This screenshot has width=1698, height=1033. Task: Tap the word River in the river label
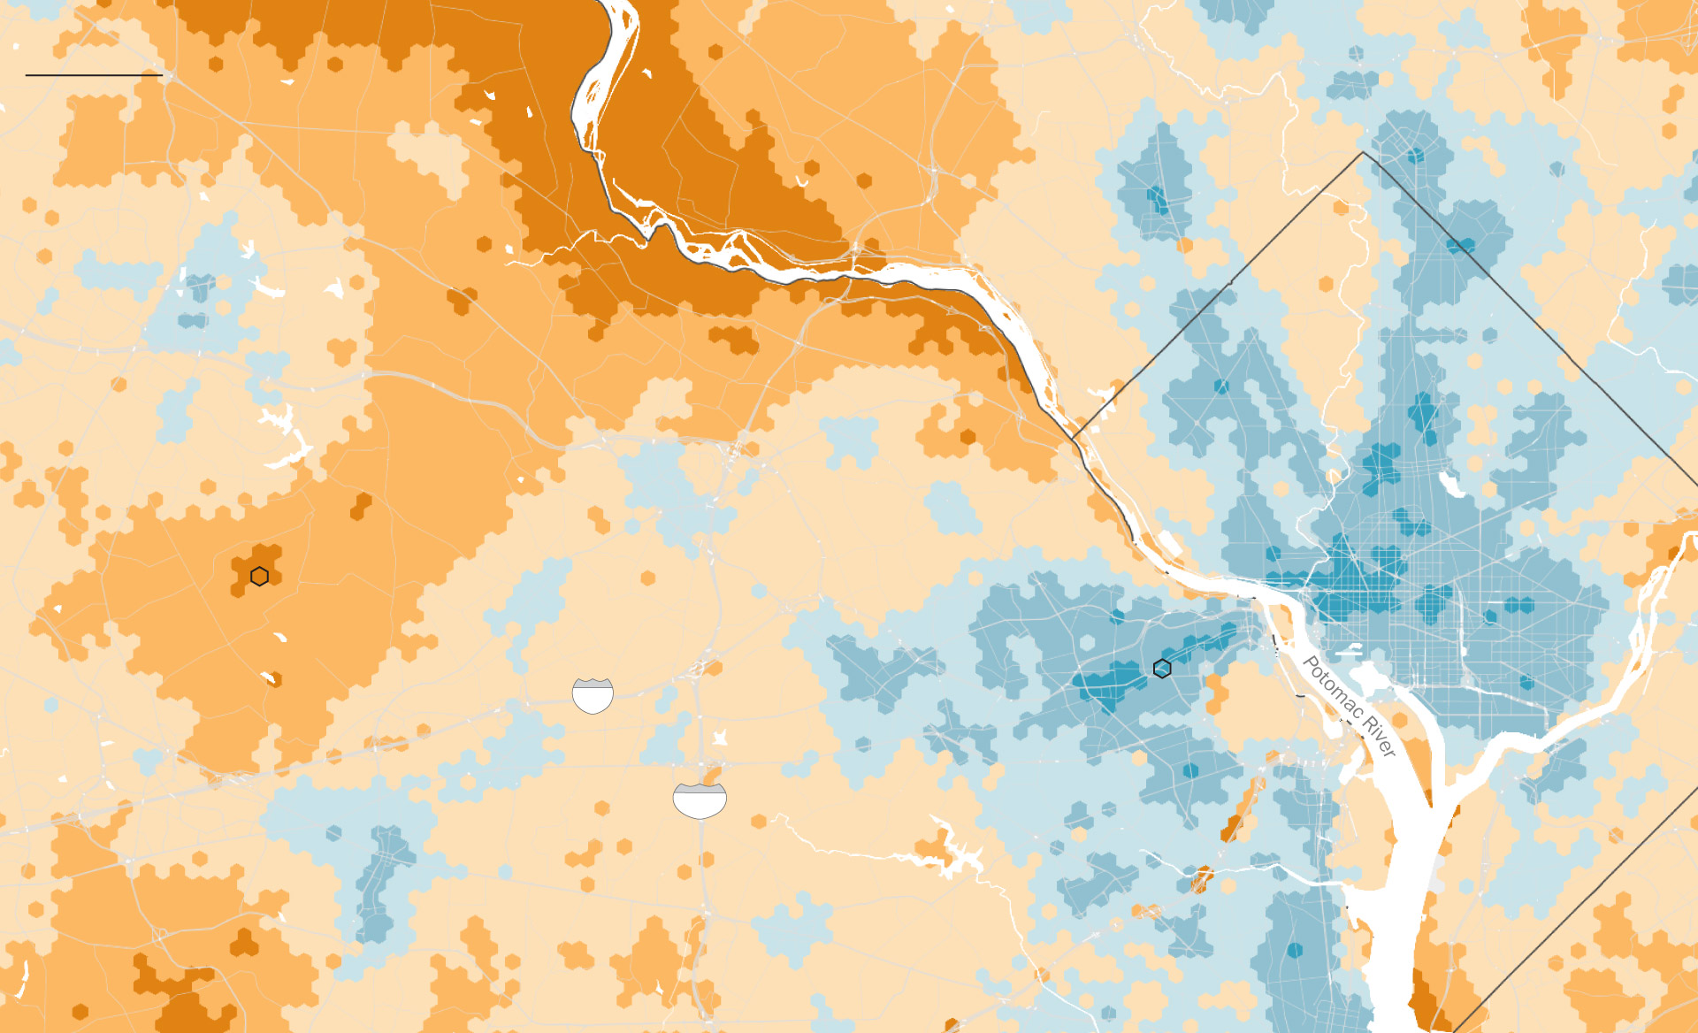pos(1379,738)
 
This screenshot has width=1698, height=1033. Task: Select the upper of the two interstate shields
pos(593,695)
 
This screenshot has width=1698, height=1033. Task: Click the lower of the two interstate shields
pos(700,800)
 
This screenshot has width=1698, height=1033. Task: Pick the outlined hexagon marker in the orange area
pos(259,577)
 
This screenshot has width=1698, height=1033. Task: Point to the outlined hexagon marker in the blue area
pos(1162,669)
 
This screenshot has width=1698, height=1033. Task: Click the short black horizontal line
pos(94,75)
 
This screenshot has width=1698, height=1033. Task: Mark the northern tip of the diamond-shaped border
pos(1363,153)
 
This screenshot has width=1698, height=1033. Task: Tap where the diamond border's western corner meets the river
pos(1073,439)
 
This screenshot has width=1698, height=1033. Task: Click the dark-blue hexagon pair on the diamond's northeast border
pos(1461,244)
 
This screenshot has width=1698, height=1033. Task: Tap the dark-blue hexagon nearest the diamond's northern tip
pos(1416,156)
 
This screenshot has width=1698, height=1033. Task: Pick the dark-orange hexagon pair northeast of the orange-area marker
pos(361,506)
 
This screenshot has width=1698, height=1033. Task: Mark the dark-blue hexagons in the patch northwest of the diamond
pos(1157,200)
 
